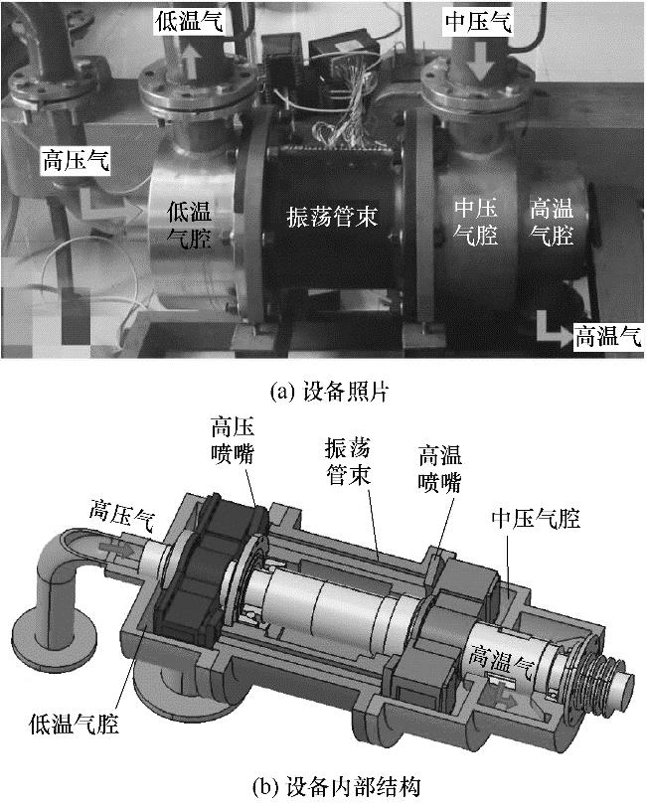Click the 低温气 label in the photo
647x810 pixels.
189,22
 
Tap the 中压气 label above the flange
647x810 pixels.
478,22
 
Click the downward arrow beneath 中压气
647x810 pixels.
479,61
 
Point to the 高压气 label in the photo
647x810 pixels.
76,160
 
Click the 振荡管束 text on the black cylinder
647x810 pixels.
332,216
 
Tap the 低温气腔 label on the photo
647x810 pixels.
189,225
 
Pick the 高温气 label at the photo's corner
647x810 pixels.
608,336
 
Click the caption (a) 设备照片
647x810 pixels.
329,393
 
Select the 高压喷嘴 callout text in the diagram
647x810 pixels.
233,441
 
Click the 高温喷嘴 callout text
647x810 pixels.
439,469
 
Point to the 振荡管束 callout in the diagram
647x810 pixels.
348,461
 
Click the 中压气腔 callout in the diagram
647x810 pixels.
536,518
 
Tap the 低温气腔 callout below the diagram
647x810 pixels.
74,724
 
